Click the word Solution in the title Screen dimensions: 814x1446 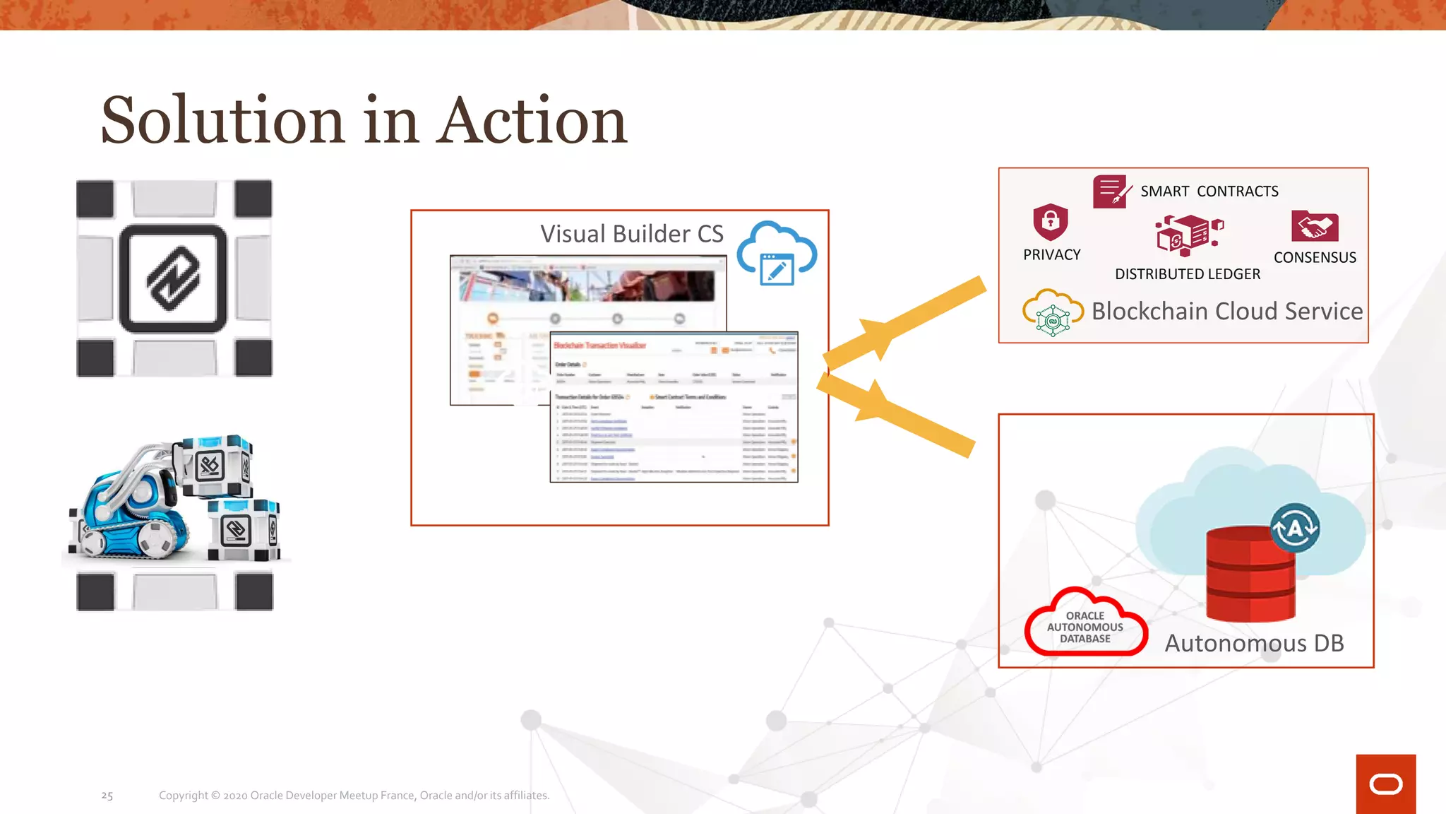(x=222, y=120)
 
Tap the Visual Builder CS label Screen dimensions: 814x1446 (x=631, y=234)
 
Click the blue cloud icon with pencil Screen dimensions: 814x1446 (x=777, y=254)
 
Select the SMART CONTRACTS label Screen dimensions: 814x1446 (x=1209, y=191)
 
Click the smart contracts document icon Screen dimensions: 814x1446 (x=1111, y=191)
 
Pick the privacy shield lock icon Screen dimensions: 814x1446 (x=1051, y=222)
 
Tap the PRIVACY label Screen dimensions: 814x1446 (x=1051, y=255)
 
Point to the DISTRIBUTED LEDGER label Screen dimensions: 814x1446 (x=1187, y=274)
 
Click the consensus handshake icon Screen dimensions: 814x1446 (x=1314, y=226)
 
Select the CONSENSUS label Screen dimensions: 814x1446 (x=1315, y=258)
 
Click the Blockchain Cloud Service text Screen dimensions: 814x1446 (x=1226, y=312)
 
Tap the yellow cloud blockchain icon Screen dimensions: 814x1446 (x=1052, y=313)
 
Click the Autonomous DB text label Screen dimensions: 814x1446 (x=1254, y=644)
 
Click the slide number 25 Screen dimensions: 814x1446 (x=107, y=796)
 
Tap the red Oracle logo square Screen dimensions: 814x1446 (x=1385, y=784)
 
